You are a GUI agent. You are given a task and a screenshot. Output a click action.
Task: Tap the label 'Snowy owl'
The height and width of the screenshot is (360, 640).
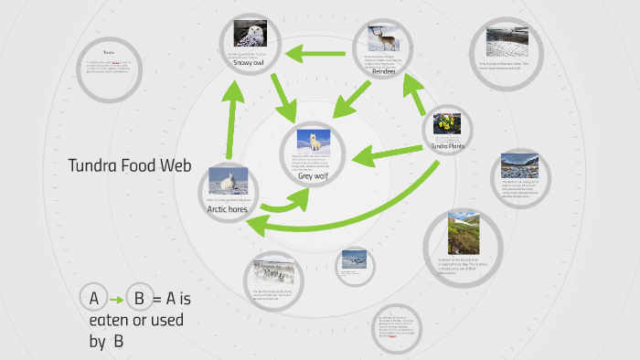click(x=248, y=63)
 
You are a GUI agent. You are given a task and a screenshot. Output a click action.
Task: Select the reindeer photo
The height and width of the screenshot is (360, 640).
click(x=383, y=38)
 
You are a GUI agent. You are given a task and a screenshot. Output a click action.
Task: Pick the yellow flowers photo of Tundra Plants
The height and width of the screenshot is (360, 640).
click(x=447, y=123)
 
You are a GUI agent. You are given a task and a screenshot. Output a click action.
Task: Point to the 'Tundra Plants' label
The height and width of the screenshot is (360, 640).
click(x=446, y=145)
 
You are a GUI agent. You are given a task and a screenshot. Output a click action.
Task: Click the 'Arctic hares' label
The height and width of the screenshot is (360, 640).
click(x=228, y=209)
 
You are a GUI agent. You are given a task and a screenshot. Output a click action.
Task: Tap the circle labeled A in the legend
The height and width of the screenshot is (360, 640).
click(x=93, y=298)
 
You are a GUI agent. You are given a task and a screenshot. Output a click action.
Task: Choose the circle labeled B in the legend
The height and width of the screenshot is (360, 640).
click(x=139, y=298)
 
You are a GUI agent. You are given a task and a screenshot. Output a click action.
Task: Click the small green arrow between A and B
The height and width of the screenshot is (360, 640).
click(x=116, y=299)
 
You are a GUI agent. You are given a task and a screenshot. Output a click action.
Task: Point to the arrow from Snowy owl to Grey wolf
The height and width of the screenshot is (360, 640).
click(x=281, y=97)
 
